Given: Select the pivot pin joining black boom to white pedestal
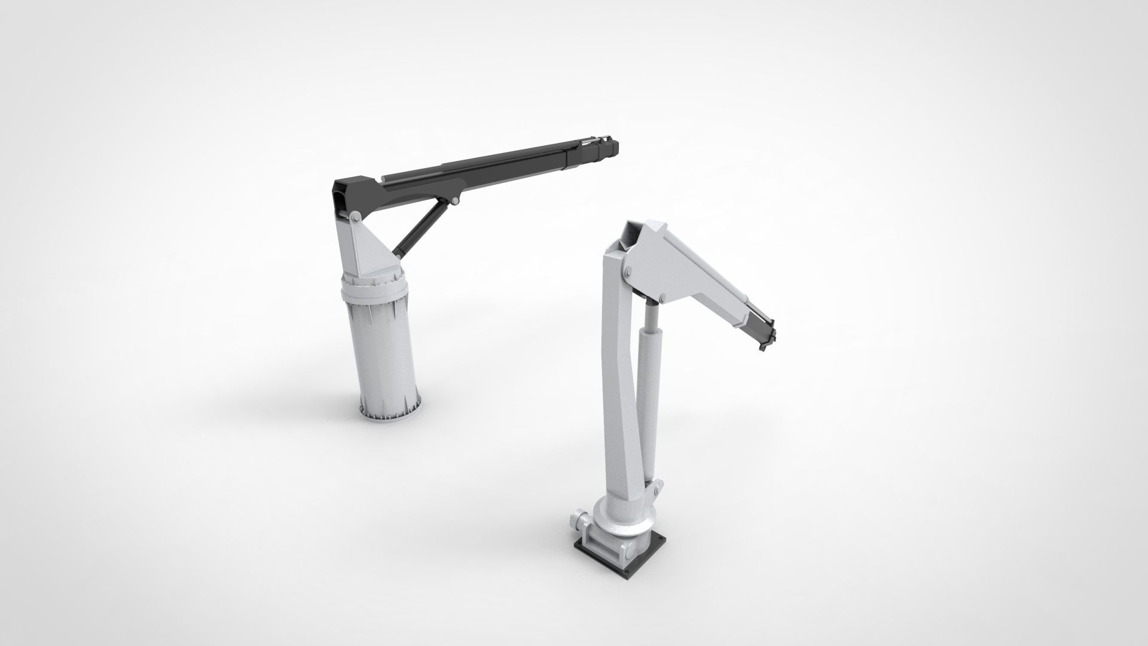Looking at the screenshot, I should (x=356, y=216).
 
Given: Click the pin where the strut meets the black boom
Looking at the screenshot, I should (x=456, y=201).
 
